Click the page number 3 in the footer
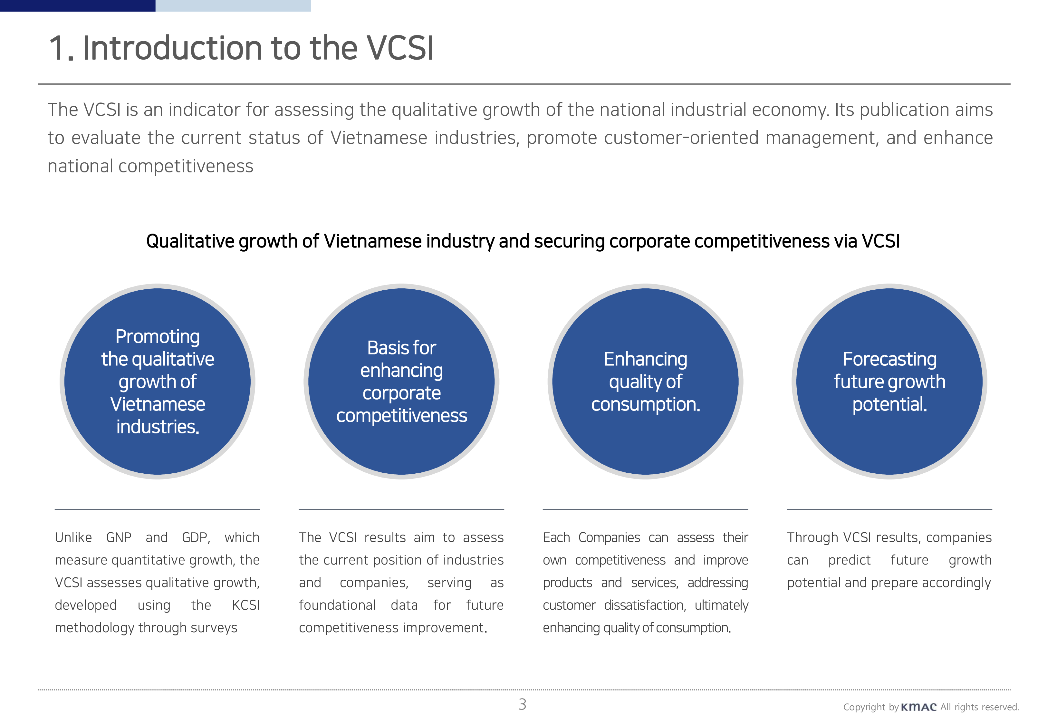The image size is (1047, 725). (x=522, y=705)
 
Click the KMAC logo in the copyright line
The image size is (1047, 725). (x=918, y=707)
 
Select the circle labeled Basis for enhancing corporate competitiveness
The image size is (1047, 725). (x=401, y=382)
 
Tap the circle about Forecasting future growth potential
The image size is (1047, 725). (x=889, y=382)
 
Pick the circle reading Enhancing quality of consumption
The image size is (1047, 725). (x=645, y=382)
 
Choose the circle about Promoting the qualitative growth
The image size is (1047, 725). (x=157, y=382)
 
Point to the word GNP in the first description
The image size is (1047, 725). (x=119, y=537)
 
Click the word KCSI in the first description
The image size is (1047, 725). (x=245, y=605)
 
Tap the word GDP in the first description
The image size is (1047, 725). (x=196, y=538)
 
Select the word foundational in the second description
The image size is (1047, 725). (x=337, y=605)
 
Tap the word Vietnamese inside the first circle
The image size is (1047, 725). (x=158, y=404)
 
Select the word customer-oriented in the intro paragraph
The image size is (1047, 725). (x=642, y=138)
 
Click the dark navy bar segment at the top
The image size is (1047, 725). (x=78, y=5)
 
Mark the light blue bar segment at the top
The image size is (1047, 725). (x=233, y=5)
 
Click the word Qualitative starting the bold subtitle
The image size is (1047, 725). (x=189, y=241)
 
